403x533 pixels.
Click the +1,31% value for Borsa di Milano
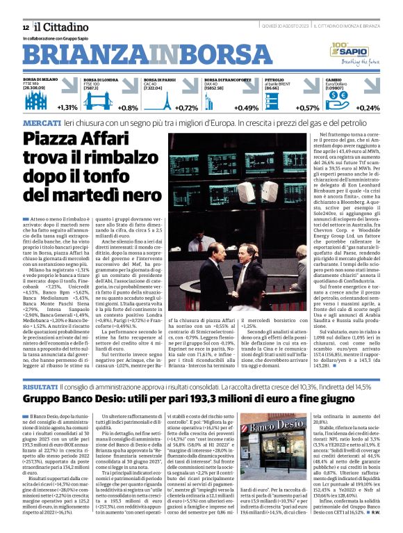(x=67, y=108)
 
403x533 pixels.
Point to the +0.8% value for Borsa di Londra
(x=129, y=108)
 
